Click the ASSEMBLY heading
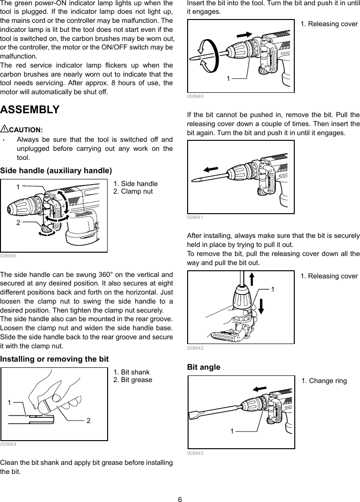point(30,110)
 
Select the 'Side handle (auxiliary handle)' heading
point(56,170)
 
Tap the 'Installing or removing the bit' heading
point(54,358)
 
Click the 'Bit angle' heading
point(204,367)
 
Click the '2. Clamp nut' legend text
point(133,191)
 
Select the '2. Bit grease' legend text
point(133,380)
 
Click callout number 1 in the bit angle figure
point(231,431)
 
